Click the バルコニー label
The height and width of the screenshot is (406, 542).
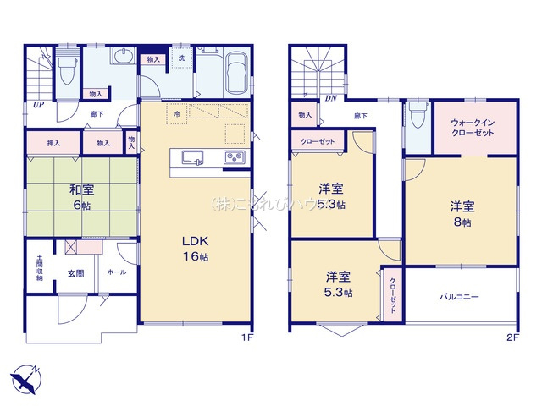(x=459, y=298)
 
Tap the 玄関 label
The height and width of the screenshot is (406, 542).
(x=76, y=273)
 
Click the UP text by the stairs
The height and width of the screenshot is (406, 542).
(x=38, y=105)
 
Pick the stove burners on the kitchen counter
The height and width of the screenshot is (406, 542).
(x=235, y=158)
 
